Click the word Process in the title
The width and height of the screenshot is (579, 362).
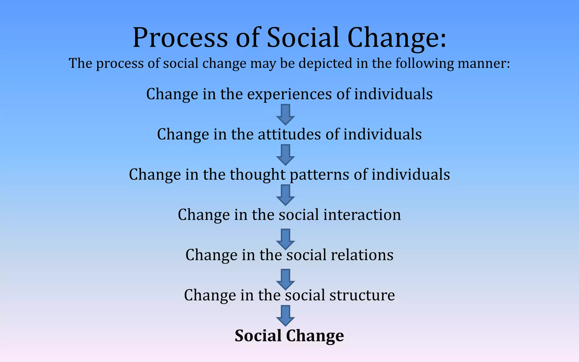pyautogui.click(x=180, y=38)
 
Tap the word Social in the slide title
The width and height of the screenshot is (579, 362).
pyautogui.click(x=303, y=38)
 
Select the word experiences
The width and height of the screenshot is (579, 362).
pyautogui.click(x=289, y=94)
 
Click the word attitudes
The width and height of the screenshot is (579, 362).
pyautogui.click(x=289, y=134)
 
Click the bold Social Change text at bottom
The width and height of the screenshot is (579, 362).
pyautogui.click(x=289, y=336)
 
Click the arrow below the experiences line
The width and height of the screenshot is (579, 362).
pyautogui.click(x=286, y=114)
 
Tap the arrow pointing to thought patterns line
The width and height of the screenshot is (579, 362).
pyautogui.click(x=286, y=154)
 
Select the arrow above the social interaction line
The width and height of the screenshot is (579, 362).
pyautogui.click(x=286, y=195)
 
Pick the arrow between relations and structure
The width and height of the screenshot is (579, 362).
pyautogui.click(x=286, y=279)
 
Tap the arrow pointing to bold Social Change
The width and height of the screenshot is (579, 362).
pyautogui.click(x=286, y=315)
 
